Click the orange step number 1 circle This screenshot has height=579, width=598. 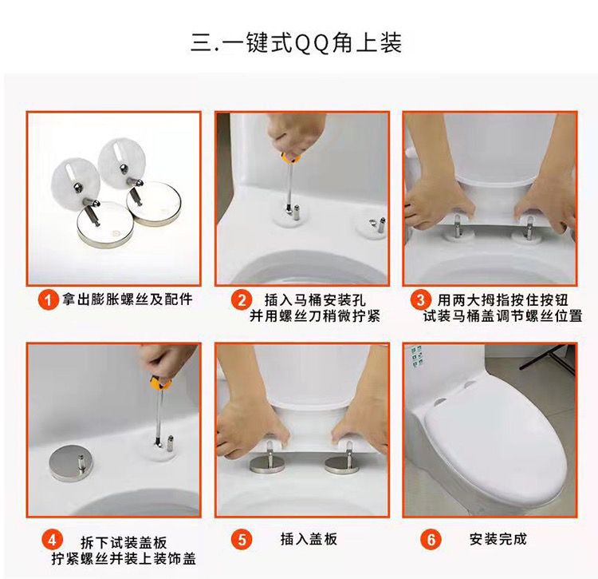48,299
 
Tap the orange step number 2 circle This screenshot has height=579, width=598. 242,299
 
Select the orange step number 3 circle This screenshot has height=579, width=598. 420,299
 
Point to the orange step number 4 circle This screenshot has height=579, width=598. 53,540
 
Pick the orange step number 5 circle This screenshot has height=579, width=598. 242,540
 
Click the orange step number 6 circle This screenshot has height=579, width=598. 431,540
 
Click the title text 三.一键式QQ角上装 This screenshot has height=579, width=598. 297,43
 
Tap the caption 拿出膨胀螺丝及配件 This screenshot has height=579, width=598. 128,299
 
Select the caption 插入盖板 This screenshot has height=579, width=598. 309,539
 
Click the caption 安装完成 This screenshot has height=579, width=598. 498,539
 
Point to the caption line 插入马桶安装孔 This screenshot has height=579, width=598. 315,299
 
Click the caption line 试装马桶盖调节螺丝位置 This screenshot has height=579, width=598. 502,316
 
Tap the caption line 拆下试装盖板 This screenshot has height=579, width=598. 124,542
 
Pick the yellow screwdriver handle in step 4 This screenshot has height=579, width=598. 160,383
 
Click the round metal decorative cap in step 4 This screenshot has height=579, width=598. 71,465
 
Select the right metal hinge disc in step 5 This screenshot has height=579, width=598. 342,465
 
